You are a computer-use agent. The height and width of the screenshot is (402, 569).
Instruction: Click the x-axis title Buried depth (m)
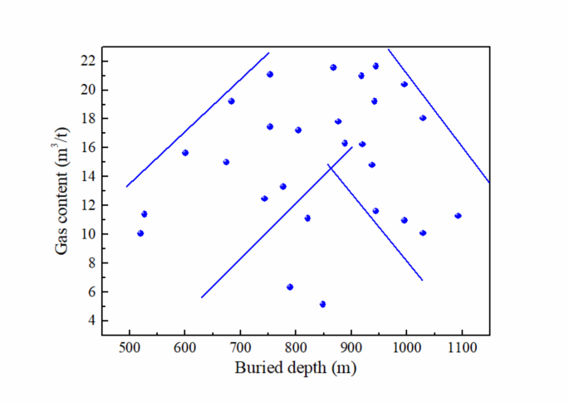coord(295,368)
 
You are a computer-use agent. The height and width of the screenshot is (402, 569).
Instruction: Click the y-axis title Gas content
coord(63,192)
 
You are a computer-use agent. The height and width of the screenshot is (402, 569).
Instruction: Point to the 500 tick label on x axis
coord(130,349)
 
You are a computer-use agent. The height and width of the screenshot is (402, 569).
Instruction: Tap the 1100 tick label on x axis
coord(461,349)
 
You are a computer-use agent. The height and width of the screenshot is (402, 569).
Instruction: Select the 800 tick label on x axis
coord(295,349)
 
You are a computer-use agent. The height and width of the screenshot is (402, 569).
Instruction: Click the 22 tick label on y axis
coord(86,61)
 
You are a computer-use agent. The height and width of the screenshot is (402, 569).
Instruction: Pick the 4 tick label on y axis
coord(90,321)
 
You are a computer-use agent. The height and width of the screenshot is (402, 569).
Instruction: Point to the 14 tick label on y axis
coord(86,176)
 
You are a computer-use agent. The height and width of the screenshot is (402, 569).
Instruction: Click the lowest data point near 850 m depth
coord(322,304)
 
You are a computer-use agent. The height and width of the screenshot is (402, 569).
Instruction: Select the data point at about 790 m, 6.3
coord(290,287)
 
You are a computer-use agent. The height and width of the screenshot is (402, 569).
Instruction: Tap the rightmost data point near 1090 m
coord(458,215)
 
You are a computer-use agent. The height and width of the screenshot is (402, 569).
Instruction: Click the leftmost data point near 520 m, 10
coord(140,233)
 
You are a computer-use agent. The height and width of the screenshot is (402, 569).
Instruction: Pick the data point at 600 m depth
coord(185,152)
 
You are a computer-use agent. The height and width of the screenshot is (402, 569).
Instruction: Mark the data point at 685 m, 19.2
coord(231,100)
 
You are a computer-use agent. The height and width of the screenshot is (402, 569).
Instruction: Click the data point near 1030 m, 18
coord(423,118)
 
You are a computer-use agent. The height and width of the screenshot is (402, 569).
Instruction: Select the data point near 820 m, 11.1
coord(307,218)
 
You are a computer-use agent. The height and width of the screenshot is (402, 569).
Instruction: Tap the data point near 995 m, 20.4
coord(405,84)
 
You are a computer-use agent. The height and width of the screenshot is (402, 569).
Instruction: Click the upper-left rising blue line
coord(198,119)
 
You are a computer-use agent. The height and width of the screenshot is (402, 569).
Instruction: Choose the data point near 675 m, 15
coord(226,161)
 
